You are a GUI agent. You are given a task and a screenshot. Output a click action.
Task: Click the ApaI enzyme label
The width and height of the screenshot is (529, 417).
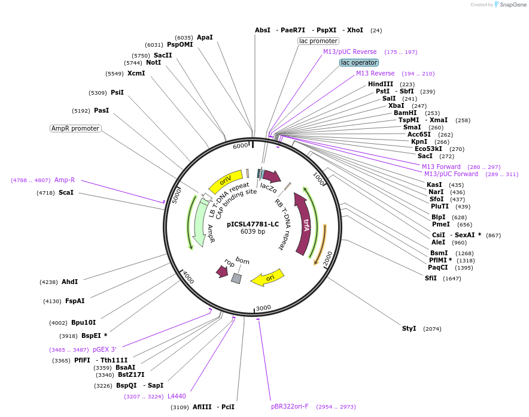205,37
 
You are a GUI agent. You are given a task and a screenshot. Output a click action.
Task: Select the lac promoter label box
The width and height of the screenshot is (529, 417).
318,41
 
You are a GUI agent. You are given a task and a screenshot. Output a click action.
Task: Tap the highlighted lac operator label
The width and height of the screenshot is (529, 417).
359,62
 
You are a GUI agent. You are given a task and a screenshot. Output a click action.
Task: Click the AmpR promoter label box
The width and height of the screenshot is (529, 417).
75,128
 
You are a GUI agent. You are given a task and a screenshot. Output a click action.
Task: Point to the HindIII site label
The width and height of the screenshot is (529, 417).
381,84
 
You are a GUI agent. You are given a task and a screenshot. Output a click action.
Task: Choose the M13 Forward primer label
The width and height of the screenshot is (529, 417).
441,167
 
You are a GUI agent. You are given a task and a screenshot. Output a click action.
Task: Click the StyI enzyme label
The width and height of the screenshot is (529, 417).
409,328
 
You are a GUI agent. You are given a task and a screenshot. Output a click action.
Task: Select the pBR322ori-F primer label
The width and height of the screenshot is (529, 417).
290,406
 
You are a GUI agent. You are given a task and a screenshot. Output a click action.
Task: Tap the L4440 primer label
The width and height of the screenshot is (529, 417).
177,396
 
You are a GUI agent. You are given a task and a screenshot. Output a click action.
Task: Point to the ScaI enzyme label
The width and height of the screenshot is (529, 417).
66,192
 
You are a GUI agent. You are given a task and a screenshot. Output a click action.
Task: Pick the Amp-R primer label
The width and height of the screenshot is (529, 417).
65,180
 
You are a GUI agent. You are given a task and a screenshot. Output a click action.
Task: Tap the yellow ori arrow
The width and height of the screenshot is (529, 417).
267,278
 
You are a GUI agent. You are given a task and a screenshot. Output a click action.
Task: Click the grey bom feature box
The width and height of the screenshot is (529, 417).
236,278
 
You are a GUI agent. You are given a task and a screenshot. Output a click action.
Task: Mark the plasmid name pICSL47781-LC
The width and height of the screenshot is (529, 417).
253,224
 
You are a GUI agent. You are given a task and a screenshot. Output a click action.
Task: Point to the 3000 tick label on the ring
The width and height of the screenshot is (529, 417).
263,308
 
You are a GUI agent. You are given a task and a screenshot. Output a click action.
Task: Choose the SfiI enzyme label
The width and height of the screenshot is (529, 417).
431,278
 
